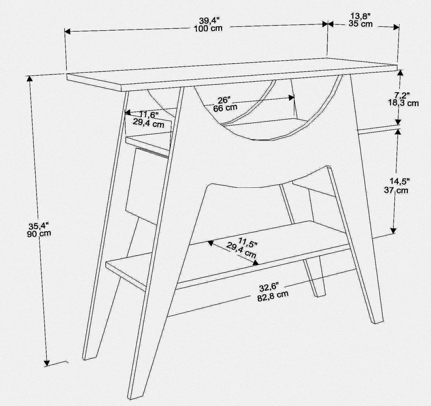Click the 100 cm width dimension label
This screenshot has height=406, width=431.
click(208, 28)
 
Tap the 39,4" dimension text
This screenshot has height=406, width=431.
click(209, 21)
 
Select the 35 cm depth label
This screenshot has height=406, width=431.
click(361, 23)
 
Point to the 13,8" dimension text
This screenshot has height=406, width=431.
click(360, 16)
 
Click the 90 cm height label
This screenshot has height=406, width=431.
click(39, 233)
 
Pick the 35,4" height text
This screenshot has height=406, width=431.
click(39, 226)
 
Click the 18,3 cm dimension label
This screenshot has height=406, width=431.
click(403, 103)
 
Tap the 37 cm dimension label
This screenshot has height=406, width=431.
click(396, 190)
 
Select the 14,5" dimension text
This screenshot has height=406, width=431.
click(400, 181)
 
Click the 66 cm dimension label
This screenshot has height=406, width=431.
click(225, 107)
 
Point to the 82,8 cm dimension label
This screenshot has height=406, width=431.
click(273, 296)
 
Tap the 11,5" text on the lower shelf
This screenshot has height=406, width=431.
click(248, 243)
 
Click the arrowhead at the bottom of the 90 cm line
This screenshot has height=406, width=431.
click(47, 364)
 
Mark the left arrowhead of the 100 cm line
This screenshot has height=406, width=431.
click(68, 31)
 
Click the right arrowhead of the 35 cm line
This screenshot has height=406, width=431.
click(396, 27)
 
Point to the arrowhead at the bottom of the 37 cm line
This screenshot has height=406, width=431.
click(394, 230)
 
